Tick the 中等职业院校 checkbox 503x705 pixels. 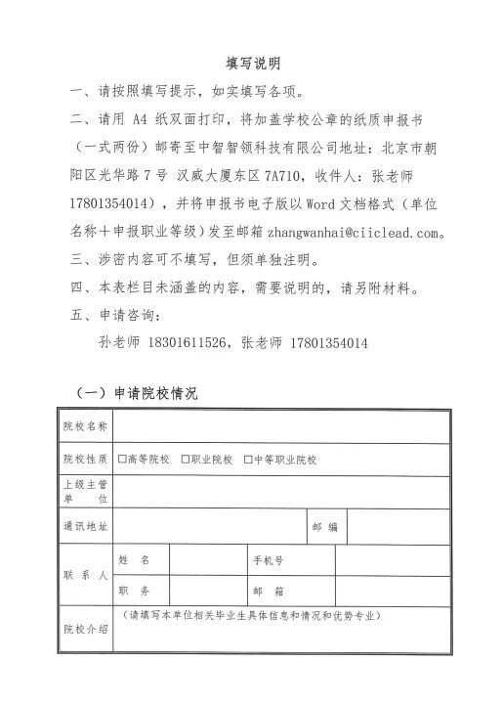tap(247, 459)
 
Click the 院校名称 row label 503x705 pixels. tap(86, 426)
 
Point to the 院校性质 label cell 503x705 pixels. tap(86, 459)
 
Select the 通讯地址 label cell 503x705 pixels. tap(86, 527)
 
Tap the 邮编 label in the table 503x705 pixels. tap(324, 527)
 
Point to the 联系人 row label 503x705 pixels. tap(86, 576)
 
